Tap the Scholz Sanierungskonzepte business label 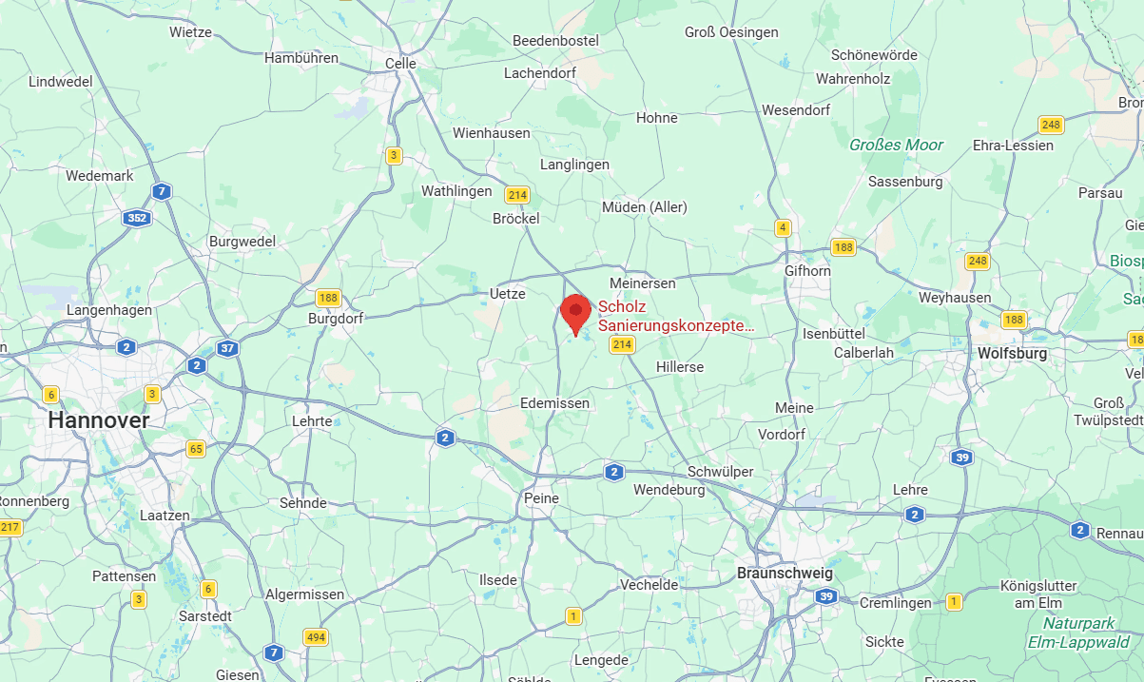point(675,317)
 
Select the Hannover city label point(99,419)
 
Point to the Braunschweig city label point(785,574)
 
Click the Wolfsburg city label point(1012,353)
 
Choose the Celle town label point(400,64)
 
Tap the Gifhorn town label point(807,270)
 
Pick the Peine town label point(541,497)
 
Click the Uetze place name point(507,293)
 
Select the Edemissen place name point(554,403)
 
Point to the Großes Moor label point(896,145)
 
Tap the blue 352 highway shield point(136,218)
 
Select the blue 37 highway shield point(227,348)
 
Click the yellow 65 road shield point(196,449)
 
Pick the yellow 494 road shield point(315,636)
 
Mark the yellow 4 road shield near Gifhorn point(783,227)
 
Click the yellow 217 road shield point(10,527)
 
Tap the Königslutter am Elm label point(1042,594)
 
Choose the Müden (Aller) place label point(644,206)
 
